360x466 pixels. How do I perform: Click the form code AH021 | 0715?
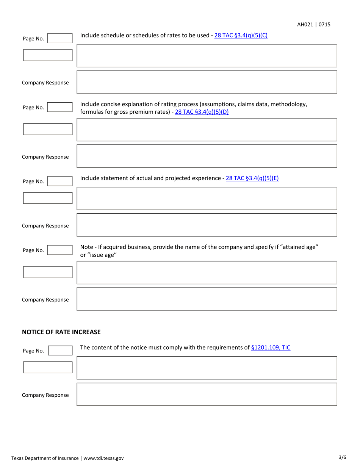pos(313,25)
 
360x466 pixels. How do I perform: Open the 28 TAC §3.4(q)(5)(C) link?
pos(241,36)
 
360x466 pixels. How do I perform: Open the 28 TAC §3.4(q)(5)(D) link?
pos(202,113)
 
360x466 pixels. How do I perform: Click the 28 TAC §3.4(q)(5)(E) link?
pos(252,178)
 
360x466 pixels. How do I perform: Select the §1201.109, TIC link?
pos(271,347)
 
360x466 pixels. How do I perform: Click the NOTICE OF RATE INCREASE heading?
pos(61,332)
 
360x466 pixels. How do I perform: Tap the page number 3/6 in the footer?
pos(342,457)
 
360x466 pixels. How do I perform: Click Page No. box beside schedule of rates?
pos(59,38)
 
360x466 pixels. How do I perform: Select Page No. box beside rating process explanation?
pos(59,108)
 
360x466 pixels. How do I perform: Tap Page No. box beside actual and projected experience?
pos(59,181)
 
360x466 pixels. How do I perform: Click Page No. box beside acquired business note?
pos(59,250)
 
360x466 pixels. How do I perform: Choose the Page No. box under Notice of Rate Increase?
pos(59,350)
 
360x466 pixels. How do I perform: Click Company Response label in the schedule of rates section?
pos(45,83)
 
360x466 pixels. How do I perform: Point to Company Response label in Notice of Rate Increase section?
pos(45,395)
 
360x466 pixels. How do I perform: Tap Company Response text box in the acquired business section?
pos(207,299)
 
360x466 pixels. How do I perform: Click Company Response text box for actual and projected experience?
pos(207,225)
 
